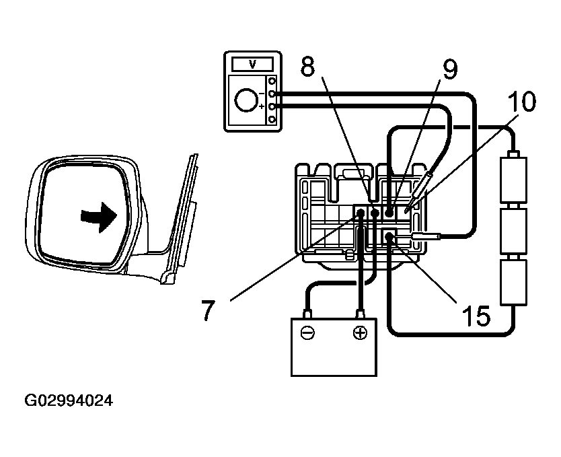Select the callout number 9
tap(449, 69)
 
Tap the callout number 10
tap(521, 102)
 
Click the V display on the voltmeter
tap(252, 64)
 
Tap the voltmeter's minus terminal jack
tap(272, 94)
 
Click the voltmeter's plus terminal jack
tap(272, 106)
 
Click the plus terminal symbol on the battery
tap(361, 332)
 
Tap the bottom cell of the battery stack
tap(514, 283)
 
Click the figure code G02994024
tap(69, 401)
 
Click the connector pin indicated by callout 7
tap(361, 213)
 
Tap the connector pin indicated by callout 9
tap(389, 213)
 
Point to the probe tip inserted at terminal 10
tap(408, 210)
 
